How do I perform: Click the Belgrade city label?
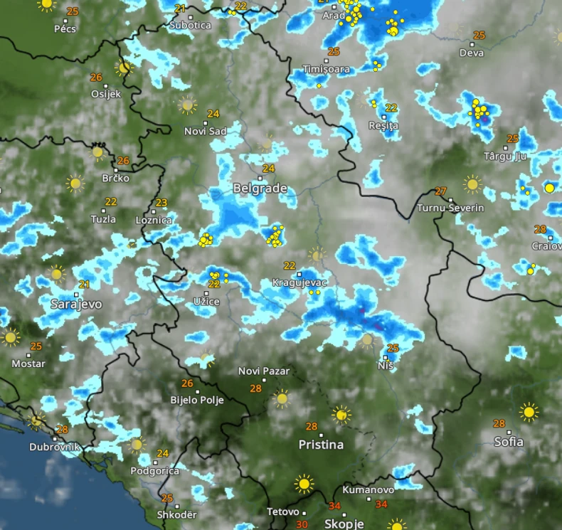[260, 189]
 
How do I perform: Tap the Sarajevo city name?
[76, 304]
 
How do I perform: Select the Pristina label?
[321, 445]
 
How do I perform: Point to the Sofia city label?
[509, 442]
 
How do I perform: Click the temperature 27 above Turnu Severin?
[441, 191]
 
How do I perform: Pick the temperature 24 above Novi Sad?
[213, 114]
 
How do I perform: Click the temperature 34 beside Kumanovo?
[381, 504]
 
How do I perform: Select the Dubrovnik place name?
[55, 447]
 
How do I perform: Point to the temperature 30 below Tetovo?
[302, 524]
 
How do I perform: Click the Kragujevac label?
[299, 282]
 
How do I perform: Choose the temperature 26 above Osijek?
[96, 77]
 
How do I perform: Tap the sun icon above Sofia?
[528, 411]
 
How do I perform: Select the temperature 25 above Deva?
[479, 36]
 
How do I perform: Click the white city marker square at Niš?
[386, 357]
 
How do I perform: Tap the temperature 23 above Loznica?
[161, 203]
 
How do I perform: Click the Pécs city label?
[65, 28]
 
